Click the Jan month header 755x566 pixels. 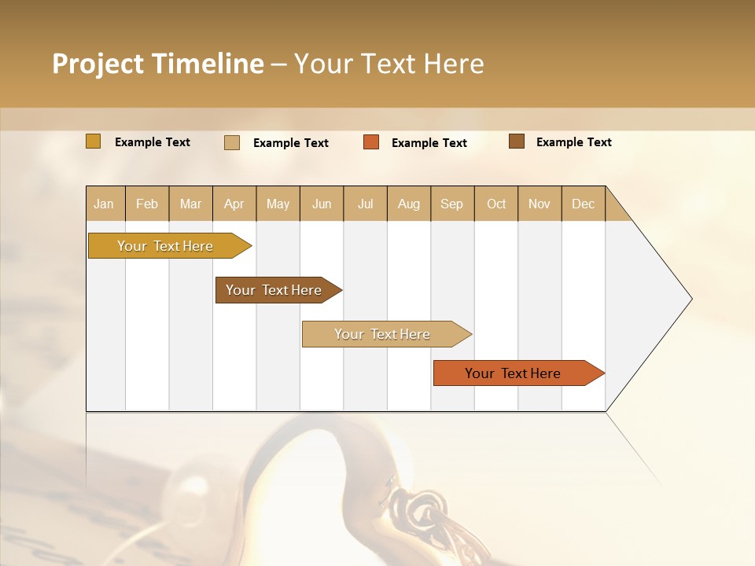pyautogui.click(x=104, y=204)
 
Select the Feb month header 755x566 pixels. pyautogui.click(x=147, y=204)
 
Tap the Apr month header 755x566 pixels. pyautogui.click(x=234, y=204)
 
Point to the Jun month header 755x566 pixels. pyautogui.click(x=322, y=204)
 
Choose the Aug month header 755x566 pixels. pyautogui.click(x=409, y=204)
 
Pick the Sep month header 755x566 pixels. pyautogui.click(x=452, y=204)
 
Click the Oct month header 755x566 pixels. pyautogui.click(x=496, y=204)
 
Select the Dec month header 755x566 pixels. pyautogui.click(x=584, y=204)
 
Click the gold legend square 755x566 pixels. pyautogui.click(x=94, y=141)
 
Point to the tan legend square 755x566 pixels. pyautogui.click(x=232, y=142)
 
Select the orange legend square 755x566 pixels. pyautogui.click(x=371, y=142)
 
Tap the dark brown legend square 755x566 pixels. pyautogui.click(x=516, y=141)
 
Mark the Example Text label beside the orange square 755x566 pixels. pyautogui.click(x=429, y=143)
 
